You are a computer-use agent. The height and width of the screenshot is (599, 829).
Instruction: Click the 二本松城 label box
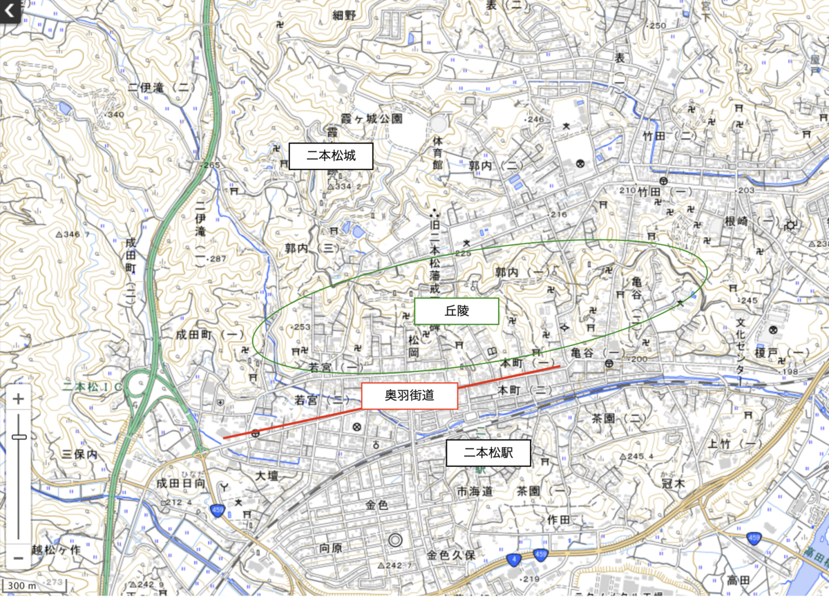click(331, 156)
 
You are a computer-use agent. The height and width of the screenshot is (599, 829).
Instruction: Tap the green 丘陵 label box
click(456, 311)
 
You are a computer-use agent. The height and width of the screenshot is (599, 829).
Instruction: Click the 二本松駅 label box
click(487, 453)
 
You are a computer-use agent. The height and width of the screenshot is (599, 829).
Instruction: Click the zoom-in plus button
click(19, 399)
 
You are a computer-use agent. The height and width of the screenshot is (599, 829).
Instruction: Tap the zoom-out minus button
click(19, 556)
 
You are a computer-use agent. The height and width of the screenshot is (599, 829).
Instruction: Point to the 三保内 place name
click(79, 454)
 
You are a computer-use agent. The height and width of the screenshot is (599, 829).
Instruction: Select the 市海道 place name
click(475, 491)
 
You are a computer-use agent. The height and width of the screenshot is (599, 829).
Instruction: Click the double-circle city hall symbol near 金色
click(395, 540)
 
